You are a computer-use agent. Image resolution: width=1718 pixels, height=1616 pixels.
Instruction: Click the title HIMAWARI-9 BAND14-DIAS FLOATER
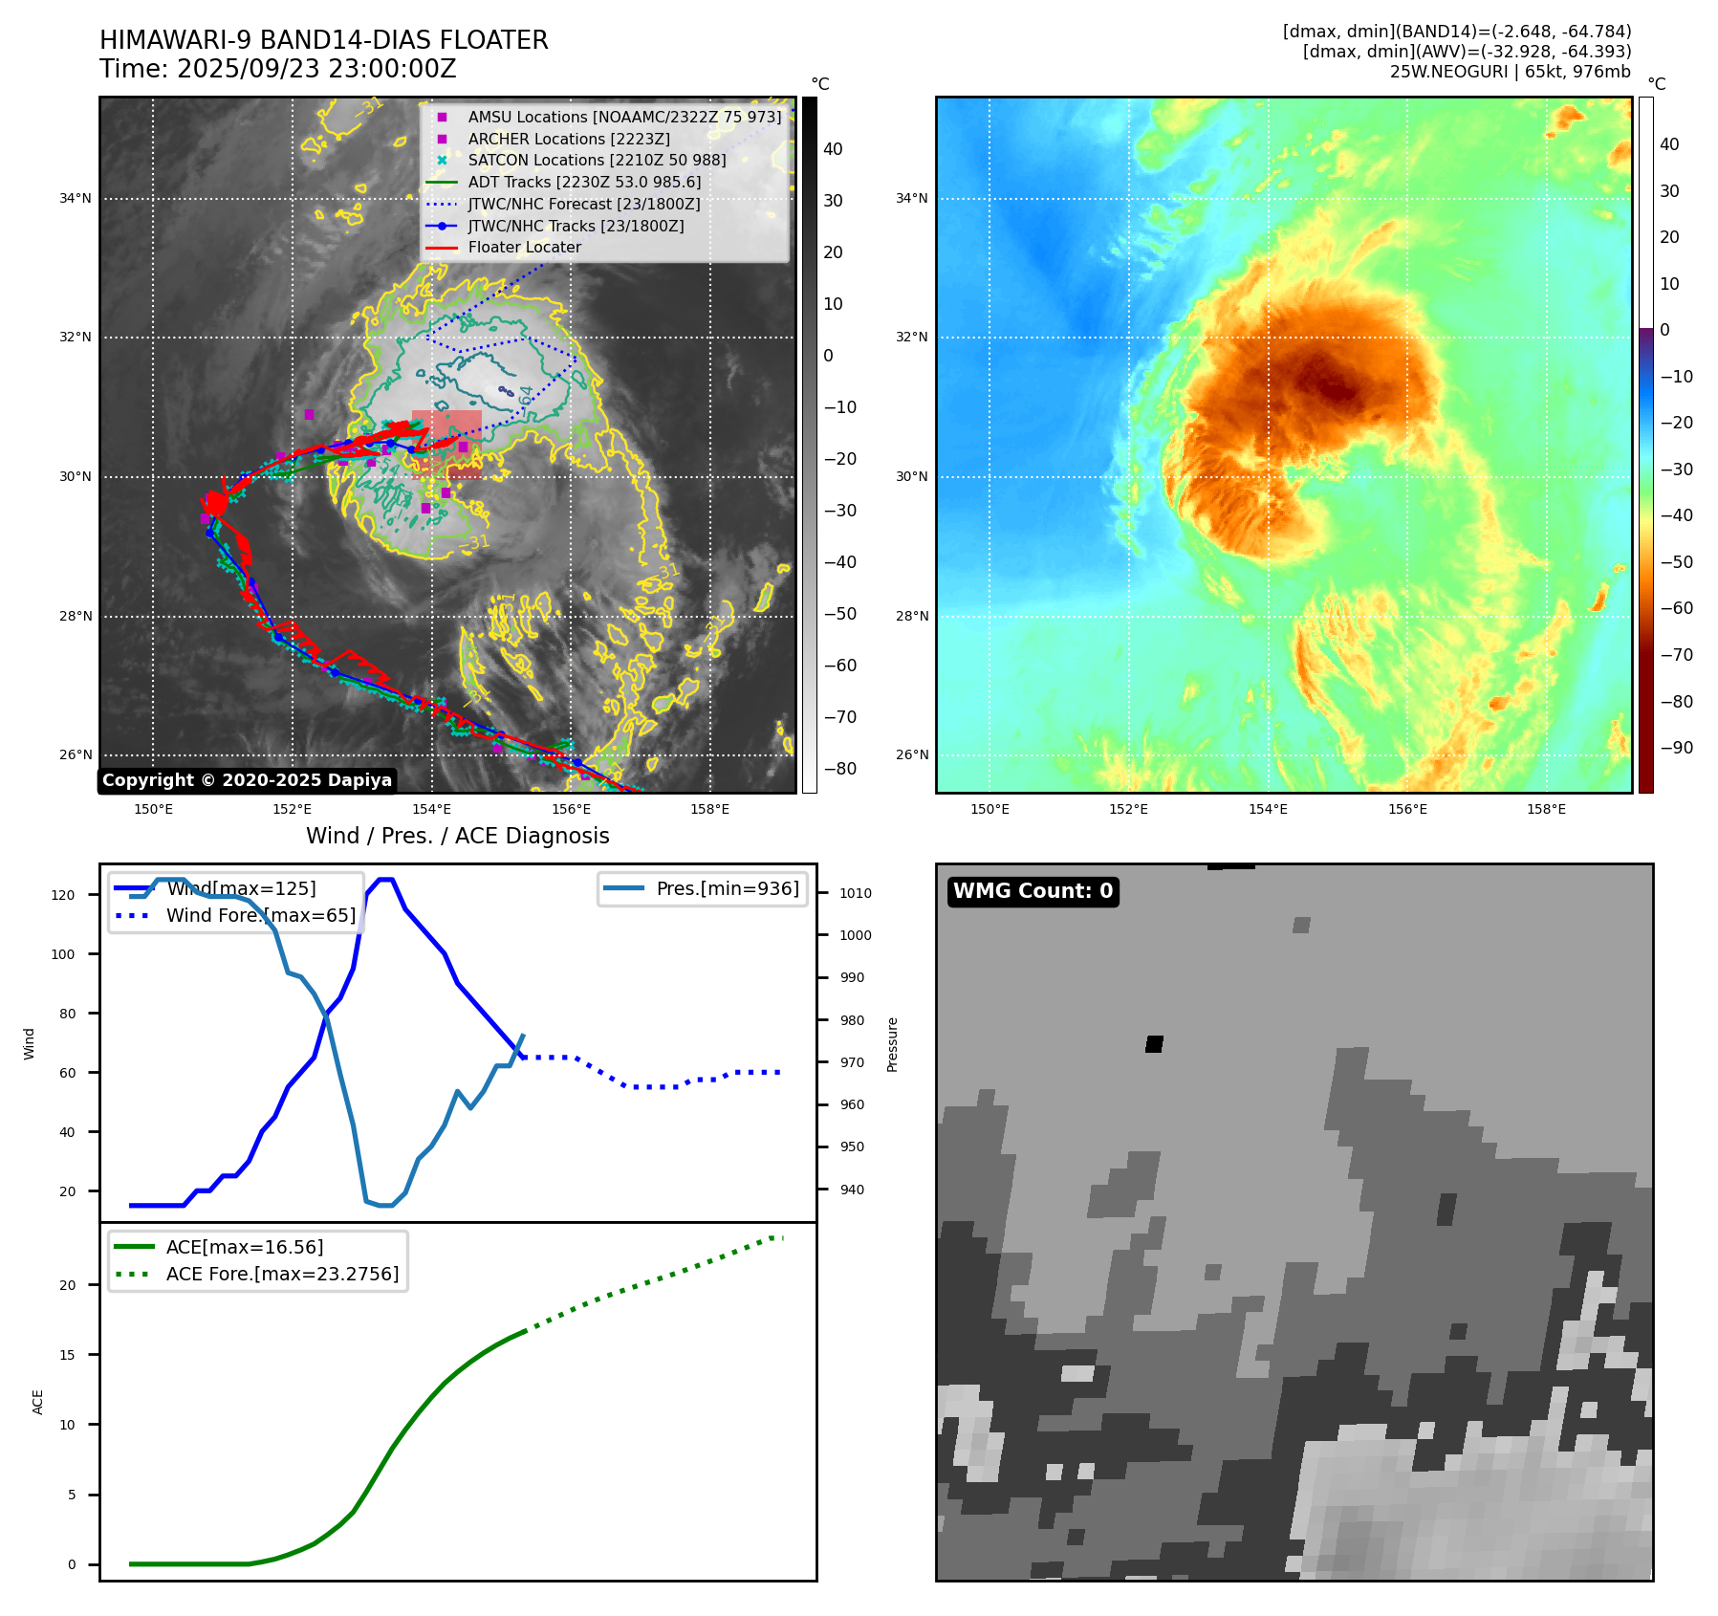point(323,40)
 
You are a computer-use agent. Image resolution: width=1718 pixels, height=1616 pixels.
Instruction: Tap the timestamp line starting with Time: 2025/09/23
point(277,69)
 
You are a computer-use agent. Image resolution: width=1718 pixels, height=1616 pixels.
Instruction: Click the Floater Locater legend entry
point(524,247)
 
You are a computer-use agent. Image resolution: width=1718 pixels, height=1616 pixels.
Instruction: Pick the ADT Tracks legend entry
point(583,182)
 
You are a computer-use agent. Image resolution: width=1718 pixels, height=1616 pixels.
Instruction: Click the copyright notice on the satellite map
point(247,780)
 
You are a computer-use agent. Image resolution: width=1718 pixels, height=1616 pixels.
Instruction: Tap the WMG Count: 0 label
point(1033,891)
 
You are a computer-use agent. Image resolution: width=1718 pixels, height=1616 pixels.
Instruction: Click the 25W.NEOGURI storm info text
point(1510,72)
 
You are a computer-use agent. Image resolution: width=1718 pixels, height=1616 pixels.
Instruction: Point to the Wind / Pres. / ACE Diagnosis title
point(457,836)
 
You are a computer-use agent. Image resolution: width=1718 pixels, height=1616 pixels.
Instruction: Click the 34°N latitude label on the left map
point(76,199)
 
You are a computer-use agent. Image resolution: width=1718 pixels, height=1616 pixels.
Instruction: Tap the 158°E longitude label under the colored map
point(1546,809)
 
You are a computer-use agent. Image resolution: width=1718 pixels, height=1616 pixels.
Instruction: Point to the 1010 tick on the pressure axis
point(855,893)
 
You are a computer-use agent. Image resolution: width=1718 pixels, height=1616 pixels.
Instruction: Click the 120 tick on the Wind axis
point(63,895)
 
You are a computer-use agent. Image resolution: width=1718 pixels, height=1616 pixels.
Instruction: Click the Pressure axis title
point(892,1044)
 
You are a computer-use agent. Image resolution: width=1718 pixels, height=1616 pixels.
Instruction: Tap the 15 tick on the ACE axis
point(68,1355)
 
